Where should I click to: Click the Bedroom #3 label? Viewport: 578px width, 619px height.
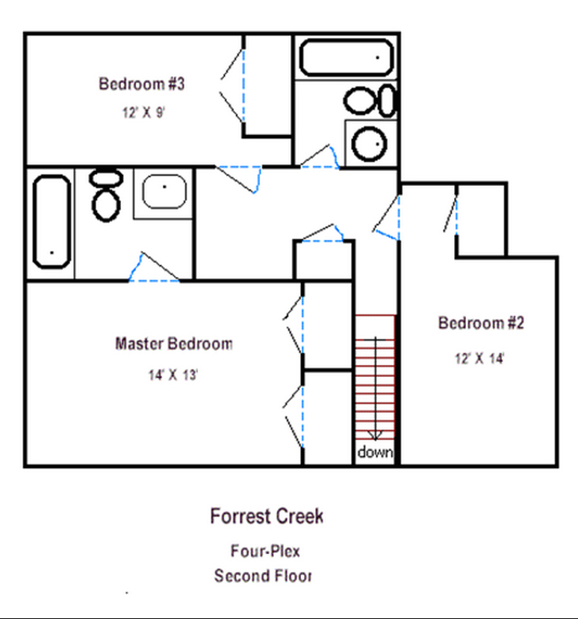[x=142, y=84]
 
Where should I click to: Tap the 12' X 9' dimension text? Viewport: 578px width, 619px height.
[x=143, y=113]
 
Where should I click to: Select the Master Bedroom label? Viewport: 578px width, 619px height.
[x=174, y=343]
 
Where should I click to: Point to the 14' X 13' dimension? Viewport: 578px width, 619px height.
[x=173, y=375]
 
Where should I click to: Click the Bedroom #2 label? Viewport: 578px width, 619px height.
[x=481, y=323]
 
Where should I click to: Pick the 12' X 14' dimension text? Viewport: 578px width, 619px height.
[x=479, y=358]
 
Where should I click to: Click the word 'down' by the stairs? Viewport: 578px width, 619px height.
[x=375, y=452]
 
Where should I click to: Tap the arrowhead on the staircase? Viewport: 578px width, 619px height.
[x=375, y=435]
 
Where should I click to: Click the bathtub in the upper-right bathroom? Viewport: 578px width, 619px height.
[x=347, y=57]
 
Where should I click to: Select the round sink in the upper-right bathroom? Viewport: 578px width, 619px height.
[x=369, y=143]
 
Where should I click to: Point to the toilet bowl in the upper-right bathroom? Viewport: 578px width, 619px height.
[x=359, y=101]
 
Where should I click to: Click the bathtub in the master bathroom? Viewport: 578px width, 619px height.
[x=52, y=222]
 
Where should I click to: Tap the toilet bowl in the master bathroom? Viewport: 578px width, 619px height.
[x=106, y=205]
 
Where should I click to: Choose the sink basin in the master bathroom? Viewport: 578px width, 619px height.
[x=164, y=191]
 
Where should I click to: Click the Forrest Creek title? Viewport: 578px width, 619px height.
[x=267, y=517]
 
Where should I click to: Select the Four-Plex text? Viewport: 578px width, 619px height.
[x=265, y=551]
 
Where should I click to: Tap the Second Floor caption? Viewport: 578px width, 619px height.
[x=263, y=576]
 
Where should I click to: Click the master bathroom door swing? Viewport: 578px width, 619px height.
[x=155, y=267]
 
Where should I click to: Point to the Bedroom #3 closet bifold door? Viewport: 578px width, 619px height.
[x=232, y=86]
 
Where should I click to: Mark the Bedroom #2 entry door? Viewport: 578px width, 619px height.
[x=386, y=217]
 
